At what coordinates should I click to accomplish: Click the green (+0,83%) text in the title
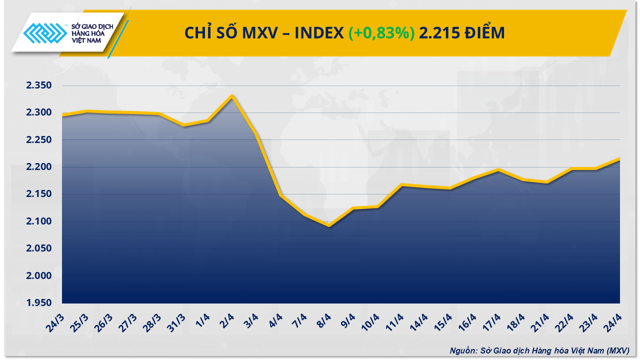pos(381,33)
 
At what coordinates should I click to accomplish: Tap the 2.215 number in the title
pos(437,33)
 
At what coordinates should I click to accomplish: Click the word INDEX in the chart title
pos(318,33)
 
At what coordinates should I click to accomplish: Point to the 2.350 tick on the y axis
pos(39,85)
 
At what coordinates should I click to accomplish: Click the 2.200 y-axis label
pos(39,167)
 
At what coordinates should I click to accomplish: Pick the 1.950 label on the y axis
pos(39,303)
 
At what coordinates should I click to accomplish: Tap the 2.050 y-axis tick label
pos(39,248)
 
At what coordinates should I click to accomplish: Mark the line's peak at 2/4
pos(232,95)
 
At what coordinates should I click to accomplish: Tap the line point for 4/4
pos(280,195)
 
